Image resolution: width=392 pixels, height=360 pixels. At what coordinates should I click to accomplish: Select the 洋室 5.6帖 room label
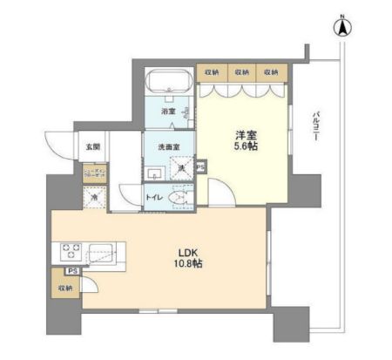tap(244, 141)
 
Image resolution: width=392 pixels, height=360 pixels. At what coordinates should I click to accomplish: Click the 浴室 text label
tap(168, 112)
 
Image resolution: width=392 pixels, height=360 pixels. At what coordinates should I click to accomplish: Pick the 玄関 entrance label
tap(92, 146)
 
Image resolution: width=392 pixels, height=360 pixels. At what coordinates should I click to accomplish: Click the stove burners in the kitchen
tap(71, 253)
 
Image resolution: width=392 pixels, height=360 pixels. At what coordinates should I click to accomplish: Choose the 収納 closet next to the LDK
tap(65, 288)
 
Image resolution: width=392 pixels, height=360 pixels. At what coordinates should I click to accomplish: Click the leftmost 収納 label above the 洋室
tap(212, 71)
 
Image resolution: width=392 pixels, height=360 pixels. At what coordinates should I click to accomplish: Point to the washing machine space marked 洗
tap(183, 167)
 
